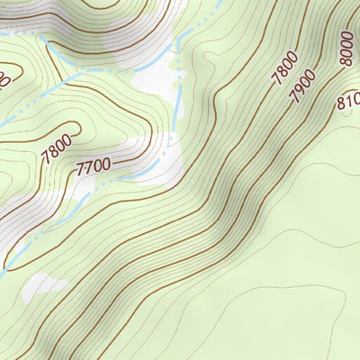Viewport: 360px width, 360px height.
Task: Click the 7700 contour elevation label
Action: (94, 166)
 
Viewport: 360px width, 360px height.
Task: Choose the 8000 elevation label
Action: (346, 49)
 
